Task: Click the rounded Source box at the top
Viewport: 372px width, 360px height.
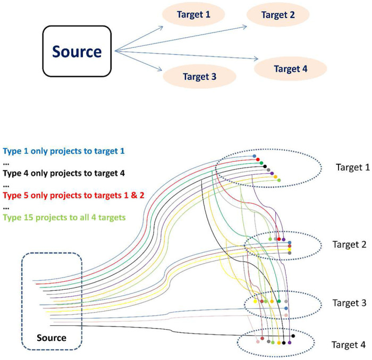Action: tap(77, 52)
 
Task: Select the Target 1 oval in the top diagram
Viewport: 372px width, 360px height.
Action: tap(193, 14)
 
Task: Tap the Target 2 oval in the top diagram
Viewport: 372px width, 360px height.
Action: tap(278, 15)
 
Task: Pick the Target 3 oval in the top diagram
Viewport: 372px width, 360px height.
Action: tap(199, 76)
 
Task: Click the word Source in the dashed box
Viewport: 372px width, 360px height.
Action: tap(52, 337)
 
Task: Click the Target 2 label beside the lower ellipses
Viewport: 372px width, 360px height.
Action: tap(349, 244)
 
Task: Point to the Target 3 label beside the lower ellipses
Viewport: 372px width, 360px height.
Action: tap(348, 303)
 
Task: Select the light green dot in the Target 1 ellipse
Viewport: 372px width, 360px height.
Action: tap(279, 180)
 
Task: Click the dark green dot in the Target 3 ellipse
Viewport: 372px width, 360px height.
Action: tap(280, 302)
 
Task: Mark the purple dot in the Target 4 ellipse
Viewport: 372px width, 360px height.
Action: tap(289, 342)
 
